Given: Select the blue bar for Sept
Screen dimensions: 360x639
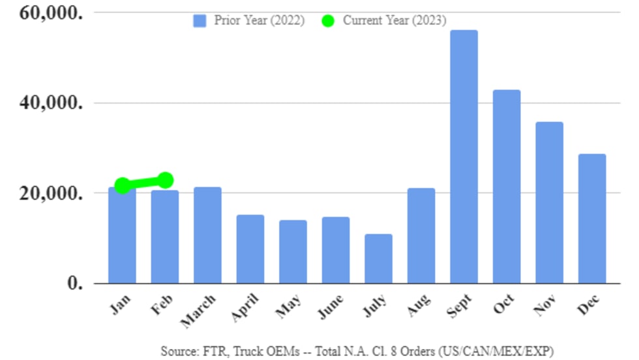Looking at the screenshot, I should point(464,157).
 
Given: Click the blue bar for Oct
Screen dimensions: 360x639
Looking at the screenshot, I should point(506,187).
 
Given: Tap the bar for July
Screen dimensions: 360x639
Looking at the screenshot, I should point(378,258).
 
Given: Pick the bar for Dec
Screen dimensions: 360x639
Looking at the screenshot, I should point(592,218).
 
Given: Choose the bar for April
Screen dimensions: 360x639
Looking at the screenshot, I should point(250,248).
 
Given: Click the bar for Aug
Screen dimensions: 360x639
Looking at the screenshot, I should point(421,235).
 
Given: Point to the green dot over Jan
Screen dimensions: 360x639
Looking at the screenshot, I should point(122,186).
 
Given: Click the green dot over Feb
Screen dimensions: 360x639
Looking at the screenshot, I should point(165,179).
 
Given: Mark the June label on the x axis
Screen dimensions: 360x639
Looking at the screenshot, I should point(331,307).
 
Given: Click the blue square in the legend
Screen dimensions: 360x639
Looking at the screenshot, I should point(200,21).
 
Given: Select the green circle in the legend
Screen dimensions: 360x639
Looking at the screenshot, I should point(327,21).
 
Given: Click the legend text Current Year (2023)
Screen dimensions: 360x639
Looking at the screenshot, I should point(394,21).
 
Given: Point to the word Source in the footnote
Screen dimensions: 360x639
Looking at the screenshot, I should point(177,350).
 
